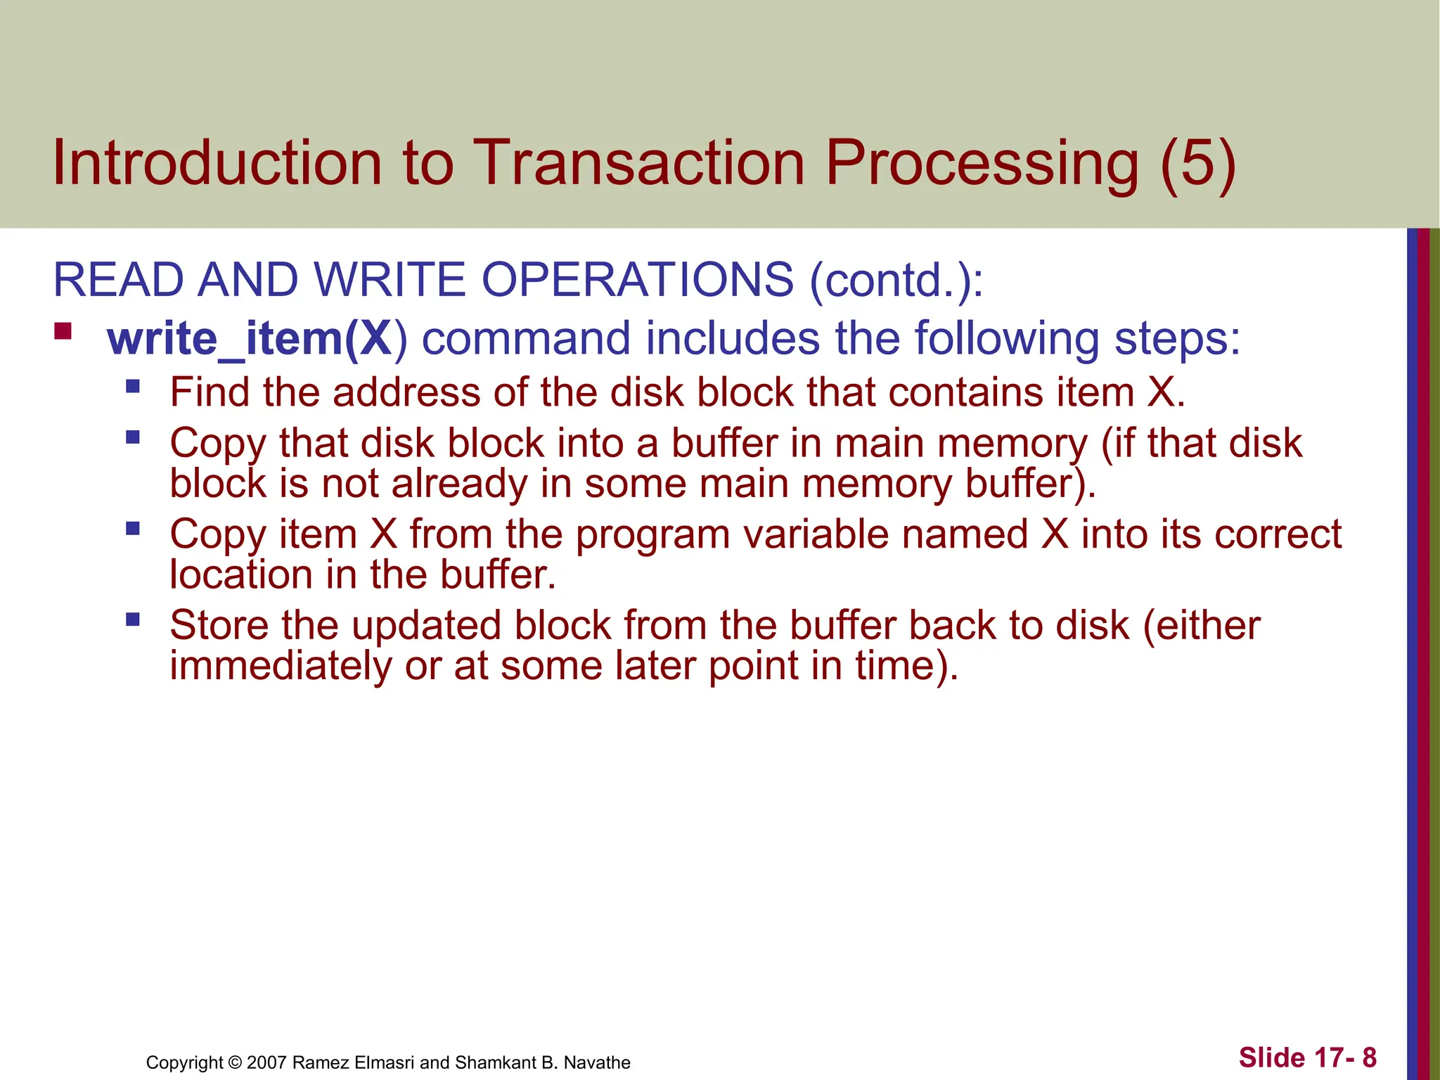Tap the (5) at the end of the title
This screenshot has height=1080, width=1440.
click(1197, 163)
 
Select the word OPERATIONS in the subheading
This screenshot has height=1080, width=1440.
click(637, 280)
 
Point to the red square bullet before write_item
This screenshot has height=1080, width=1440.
click(63, 330)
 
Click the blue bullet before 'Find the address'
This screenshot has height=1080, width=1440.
click(133, 386)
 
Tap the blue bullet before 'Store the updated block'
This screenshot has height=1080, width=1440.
click(133, 619)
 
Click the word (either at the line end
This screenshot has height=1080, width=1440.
click(1201, 625)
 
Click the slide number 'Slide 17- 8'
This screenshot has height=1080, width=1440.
click(1307, 1057)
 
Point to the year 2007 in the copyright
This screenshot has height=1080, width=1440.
click(266, 1062)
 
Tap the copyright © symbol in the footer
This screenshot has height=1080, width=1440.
click(235, 1062)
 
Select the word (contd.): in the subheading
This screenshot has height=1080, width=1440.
click(896, 280)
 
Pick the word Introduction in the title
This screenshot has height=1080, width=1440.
click(217, 163)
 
